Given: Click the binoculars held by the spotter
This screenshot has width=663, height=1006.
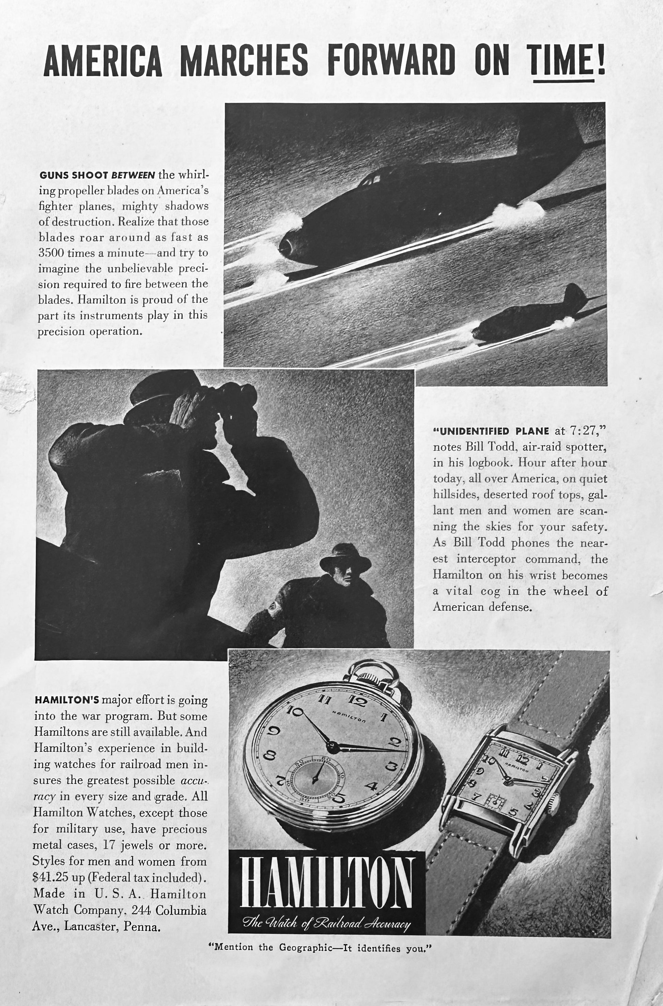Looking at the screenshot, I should click(x=237, y=395).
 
